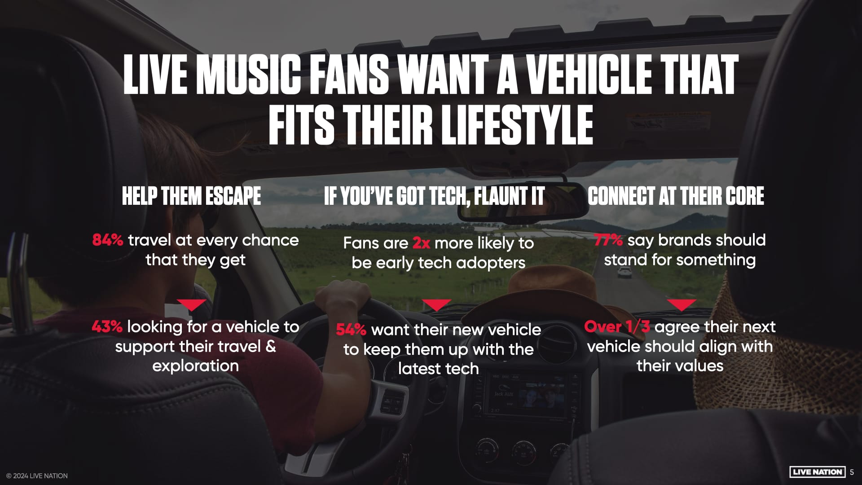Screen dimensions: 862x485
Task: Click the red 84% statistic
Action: click(x=107, y=240)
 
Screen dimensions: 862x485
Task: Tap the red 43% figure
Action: click(x=107, y=326)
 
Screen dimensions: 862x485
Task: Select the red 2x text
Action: click(x=421, y=243)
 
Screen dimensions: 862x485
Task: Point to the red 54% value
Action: click(x=351, y=330)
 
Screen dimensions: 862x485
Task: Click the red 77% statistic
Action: click(x=608, y=240)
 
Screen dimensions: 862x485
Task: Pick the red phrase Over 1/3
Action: click(x=617, y=326)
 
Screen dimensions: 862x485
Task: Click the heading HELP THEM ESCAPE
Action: click(x=191, y=196)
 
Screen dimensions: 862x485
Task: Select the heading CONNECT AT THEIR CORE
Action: click(x=676, y=196)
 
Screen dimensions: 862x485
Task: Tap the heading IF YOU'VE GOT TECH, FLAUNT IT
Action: click(x=434, y=196)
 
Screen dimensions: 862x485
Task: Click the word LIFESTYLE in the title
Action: click(x=517, y=124)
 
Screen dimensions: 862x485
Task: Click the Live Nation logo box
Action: click(x=817, y=472)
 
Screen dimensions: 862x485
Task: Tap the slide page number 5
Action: click(x=852, y=472)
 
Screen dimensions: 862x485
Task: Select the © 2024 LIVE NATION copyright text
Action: click(x=37, y=476)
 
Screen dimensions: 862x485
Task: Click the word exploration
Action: click(x=195, y=366)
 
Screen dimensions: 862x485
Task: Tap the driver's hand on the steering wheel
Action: click(x=343, y=296)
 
